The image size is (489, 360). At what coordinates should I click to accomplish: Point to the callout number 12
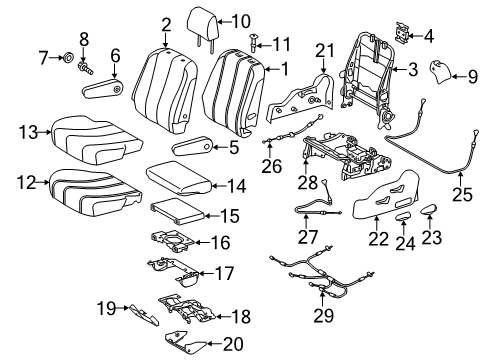click(x=27, y=181)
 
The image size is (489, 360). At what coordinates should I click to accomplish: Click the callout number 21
click(x=322, y=52)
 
